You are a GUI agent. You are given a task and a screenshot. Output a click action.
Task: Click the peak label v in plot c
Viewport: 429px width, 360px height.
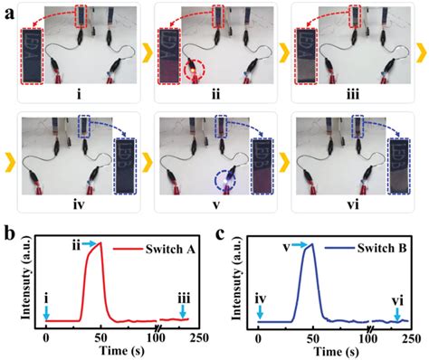pyautogui.click(x=286, y=242)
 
